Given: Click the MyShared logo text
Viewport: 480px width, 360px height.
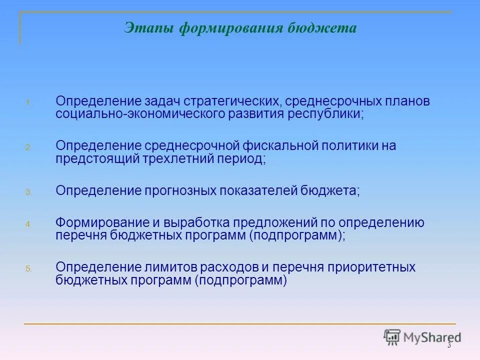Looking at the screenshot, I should [x=433, y=337].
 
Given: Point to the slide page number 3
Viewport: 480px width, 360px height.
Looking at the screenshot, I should [x=449, y=345].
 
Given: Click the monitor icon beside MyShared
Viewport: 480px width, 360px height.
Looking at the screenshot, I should [x=392, y=337].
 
